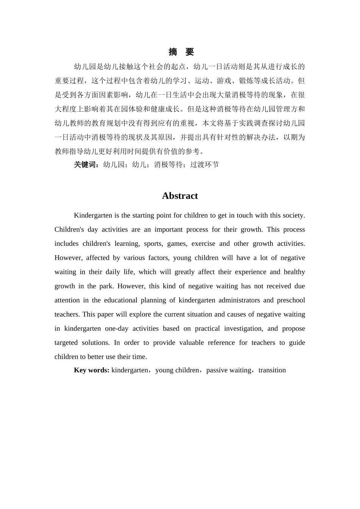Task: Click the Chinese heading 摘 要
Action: [x=181, y=52]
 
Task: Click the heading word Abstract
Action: [x=180, y=196]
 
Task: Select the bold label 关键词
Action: [x=86, y=165]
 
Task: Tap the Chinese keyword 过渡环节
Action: [x=204, y=165]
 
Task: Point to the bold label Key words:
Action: [x=91, y=370]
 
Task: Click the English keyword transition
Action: [x=272, y=370]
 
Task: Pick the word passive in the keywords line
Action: [x=217, y=370]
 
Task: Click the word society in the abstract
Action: [x=292, y=215]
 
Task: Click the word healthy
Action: [x=294, y=272]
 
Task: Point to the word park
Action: [x=107, y=286]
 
